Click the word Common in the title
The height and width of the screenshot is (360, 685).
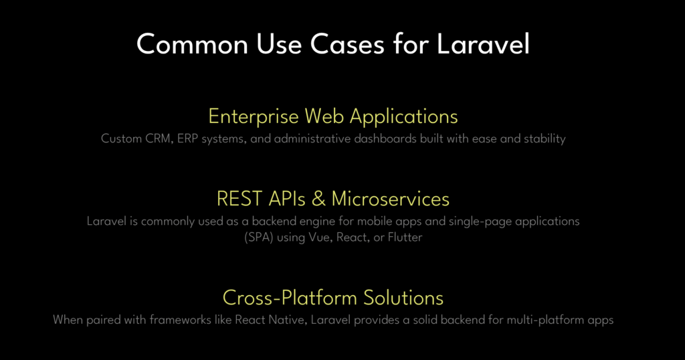pyautogui.click(x=192, y=44)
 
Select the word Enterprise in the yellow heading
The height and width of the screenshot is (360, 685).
pyautogui.click(x=254, y=116)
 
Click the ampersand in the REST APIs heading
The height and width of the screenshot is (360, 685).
pyautogui.click(x=318, y=199)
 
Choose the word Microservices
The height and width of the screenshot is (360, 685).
pyautogui.click(x=391, y=199)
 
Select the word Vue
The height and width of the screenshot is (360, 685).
pyautogui.click(x=319, y=238)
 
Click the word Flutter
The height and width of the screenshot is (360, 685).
pyautogui.click(x=405, y=238)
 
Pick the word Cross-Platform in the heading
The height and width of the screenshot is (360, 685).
pyautogui.click(x=290, y=298)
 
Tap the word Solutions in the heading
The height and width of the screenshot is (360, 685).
pyautogui.click(x=403, y=298)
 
